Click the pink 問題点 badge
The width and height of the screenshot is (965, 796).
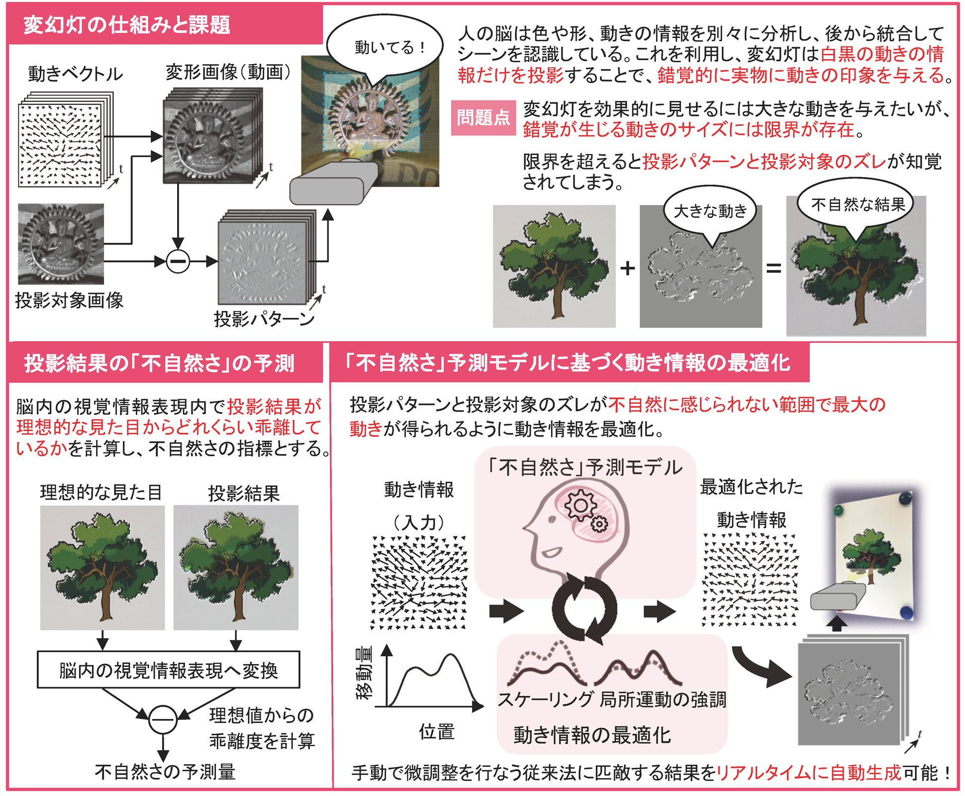483,118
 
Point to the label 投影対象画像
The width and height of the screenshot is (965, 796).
69,300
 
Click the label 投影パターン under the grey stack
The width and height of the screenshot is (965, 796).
264,319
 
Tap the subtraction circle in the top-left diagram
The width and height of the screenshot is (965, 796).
178,261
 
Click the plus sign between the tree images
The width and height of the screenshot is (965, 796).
628,268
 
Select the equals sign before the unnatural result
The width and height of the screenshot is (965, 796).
773,269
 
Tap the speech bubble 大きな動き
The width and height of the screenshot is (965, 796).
710,211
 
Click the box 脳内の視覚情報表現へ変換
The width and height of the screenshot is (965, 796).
169,670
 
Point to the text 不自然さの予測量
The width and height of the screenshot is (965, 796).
165,772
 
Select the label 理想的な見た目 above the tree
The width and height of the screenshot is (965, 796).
101,493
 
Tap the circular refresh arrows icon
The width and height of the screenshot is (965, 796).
584,608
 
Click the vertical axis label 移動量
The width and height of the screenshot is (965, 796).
365,673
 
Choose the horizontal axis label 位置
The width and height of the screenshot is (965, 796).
437,732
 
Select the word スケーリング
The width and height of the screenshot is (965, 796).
546,699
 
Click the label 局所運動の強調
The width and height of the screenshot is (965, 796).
663,699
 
